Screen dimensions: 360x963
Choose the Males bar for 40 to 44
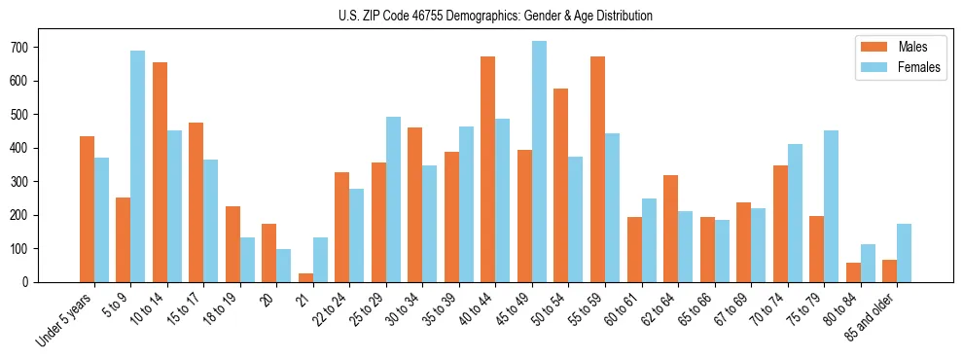[x=487, y=169]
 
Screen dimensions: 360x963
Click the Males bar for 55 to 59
[x=597, y=169]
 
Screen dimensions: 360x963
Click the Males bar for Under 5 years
[x=87, y=209]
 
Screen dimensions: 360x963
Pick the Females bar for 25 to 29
[x=393, y=199]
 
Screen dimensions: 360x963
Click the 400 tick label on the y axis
[x=28, y=148]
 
